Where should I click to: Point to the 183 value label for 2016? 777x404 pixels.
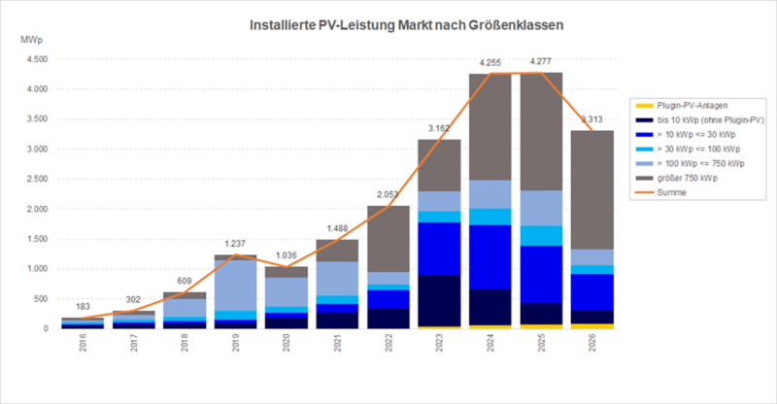(x=84, y=308)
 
